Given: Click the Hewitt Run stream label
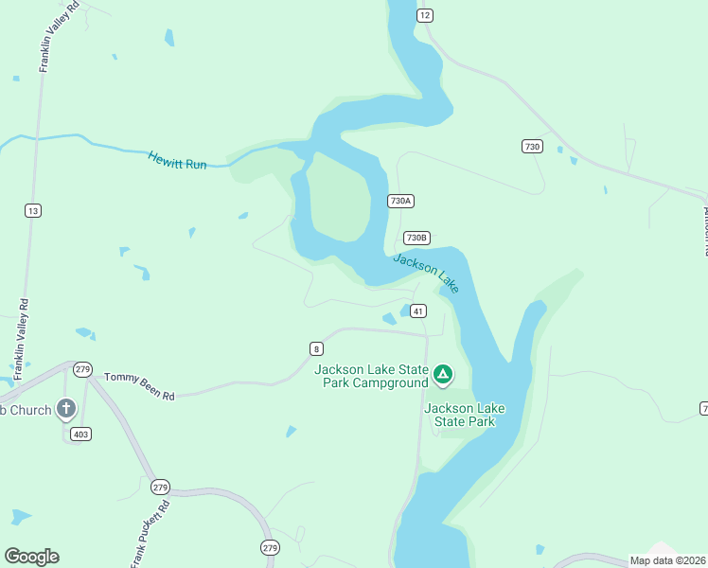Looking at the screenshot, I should point(177,160).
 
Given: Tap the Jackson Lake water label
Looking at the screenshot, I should point(425,273).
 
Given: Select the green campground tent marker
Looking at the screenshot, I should point(442,375).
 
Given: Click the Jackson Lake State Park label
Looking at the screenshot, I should point(465,415).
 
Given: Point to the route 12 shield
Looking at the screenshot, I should point(424,14).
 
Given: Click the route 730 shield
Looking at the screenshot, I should point(532,146).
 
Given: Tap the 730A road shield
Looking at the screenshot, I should point(401,201).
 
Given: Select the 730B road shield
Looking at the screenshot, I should point(416,238).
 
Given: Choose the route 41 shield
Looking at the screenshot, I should point(418,311).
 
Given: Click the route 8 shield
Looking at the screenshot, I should point(316,347).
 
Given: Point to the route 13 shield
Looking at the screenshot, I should point(33,210).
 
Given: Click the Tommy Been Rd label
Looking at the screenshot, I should point(139,386).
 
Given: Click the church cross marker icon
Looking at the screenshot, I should point(65,409).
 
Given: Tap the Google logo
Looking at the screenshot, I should point(31,557).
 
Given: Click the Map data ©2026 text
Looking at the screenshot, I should point(667,560).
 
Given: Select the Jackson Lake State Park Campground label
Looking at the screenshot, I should point(371,376).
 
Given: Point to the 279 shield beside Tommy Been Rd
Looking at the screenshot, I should point(82,368).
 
